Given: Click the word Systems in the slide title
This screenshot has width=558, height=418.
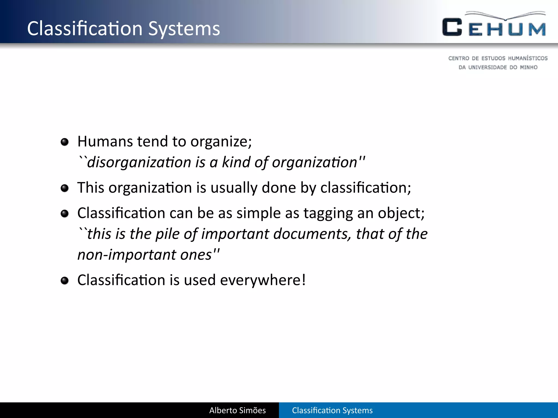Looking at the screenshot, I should [x=184, y=29].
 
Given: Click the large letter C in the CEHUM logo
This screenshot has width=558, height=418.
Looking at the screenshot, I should [x=452, y=27].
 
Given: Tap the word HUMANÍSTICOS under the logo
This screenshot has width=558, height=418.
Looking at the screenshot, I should [x=528, y=58].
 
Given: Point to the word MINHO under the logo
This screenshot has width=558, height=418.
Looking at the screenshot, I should [x=529, y=67].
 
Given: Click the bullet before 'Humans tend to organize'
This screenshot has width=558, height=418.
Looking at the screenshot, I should [x=65, y=142].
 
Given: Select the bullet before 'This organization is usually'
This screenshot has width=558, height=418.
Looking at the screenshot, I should [x=65, y=188].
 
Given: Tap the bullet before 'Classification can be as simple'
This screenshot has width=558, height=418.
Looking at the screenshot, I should [x=65, y=213].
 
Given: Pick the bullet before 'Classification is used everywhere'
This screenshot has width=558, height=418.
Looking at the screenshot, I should [x=65, y=281].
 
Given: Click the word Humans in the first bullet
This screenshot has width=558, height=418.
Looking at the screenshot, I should [x=105, y=142].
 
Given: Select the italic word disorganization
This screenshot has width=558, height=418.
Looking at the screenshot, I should [x=139, y=162].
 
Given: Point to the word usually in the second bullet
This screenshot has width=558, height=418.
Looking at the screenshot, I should [x=234, y=188].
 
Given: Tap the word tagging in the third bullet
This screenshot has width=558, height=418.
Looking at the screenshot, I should [x=328, y=213].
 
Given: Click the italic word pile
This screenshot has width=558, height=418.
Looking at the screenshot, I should [x=167, y=234].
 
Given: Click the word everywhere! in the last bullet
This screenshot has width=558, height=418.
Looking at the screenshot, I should [x=263, y=280].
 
